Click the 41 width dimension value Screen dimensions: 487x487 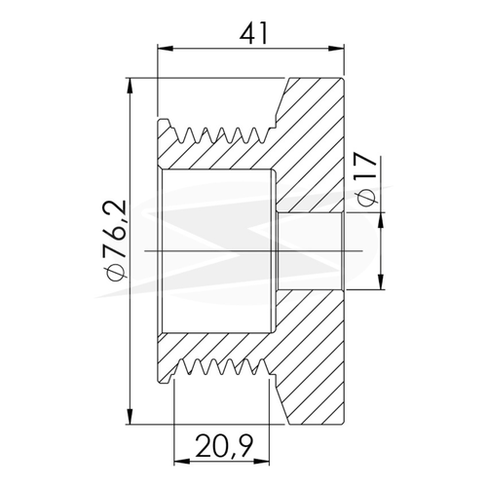click(x=254, y=33)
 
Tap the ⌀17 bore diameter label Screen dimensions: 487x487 click(x=366, y=179)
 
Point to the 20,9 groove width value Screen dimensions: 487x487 click(x=224, y=445)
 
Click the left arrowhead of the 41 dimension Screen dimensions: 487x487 click(x=165, y=49)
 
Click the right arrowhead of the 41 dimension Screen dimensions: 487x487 click(x=337, y=49)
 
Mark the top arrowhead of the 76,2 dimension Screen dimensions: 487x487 click(x=131, y=86)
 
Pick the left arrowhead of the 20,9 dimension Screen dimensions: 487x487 click(x=182, y=461)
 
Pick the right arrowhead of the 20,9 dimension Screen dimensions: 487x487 click(x=262, y=461)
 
